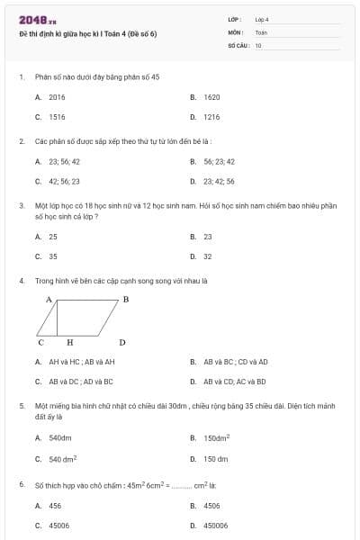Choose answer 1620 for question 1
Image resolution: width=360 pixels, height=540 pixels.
tap(212, 96)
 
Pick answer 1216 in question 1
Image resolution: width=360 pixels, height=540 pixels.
tap(212, 117)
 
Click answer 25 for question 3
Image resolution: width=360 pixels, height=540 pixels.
tap(53, 236)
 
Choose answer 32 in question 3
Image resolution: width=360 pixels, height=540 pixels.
tap(208, 256)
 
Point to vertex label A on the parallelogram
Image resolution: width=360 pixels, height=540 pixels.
tap(49, 298)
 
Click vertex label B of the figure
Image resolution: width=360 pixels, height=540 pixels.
tap(125, 298)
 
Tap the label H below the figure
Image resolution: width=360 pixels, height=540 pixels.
tap(69, 342)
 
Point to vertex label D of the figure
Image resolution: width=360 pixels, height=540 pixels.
tap(121, 342)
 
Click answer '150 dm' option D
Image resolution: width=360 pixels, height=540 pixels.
tap(216, 458)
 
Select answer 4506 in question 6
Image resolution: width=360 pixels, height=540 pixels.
tap(212, 506)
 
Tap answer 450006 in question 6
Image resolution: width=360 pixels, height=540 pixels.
tap(216, 526)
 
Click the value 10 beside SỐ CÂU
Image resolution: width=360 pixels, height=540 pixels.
tap(258, 44)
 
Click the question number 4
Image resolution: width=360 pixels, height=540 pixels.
tap(21, 280)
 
